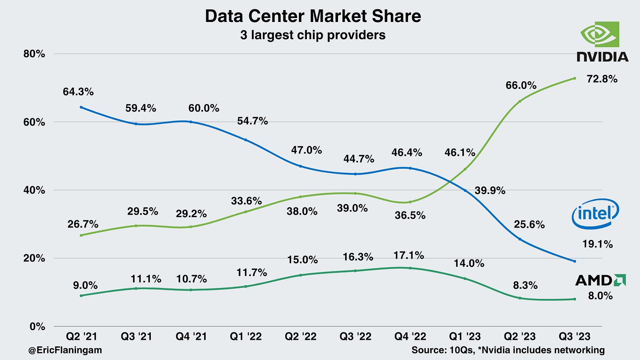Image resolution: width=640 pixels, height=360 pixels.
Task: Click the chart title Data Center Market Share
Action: [x=313, y=16]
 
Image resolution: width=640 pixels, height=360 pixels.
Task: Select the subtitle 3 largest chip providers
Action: [x=313, y=35]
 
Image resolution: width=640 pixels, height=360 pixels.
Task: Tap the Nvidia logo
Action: [x=602, y=41]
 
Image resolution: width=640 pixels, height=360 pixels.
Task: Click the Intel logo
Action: [x=595, y=215]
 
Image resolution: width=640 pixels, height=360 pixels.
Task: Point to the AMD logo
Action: [x=600, y=280]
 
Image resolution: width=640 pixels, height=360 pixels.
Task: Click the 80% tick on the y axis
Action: [x=34, y=54]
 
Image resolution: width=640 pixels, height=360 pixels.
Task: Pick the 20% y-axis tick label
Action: [x=34, y=258]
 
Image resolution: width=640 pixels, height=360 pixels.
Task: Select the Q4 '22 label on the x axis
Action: [x=410, y=337]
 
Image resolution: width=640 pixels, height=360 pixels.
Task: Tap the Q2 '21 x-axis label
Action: [x=81, y=337]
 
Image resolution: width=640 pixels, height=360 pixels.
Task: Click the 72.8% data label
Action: [x=602, y=79]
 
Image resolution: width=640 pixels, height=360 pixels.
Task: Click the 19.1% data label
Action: [x=597, y=244]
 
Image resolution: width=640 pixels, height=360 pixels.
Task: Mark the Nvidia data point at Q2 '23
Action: [x=520, y=102]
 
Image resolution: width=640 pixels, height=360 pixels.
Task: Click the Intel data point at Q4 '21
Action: [x=191, y=122]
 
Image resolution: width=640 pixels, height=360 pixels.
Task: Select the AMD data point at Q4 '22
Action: [x=410, y=268]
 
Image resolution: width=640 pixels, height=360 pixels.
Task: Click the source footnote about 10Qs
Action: [x=508, y=350]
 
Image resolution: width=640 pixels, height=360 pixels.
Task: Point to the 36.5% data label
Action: [x=409, y=216]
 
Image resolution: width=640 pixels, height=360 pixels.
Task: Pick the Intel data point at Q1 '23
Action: [x=465, y=190]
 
